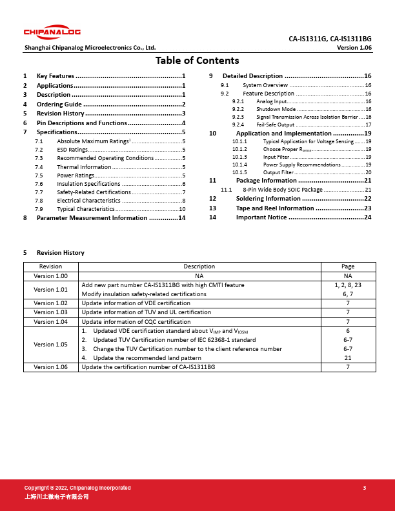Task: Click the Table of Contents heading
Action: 197,61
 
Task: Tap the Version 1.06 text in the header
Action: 354,48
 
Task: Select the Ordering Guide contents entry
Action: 59,104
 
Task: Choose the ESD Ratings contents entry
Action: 72,149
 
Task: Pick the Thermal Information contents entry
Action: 84,166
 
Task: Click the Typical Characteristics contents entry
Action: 86,209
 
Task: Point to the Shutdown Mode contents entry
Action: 276,109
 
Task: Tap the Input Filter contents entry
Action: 276,156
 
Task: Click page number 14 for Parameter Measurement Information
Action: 182,218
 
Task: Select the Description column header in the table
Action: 199,266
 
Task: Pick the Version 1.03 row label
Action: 51,312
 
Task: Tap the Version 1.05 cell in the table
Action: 51,345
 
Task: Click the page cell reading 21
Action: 348,358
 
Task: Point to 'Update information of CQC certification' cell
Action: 136,321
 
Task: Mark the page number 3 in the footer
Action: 365,488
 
